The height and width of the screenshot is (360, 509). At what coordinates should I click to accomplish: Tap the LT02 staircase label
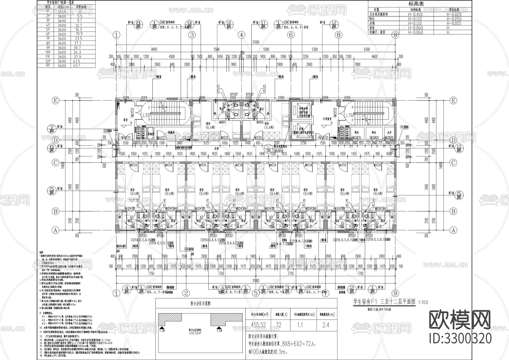click(x=350, y=115)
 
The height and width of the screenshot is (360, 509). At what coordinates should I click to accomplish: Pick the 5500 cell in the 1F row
click(x=62, y=12)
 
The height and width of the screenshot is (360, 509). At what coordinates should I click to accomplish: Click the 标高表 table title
click(x=416, y=4)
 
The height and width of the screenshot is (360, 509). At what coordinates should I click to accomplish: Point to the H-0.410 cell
click(x=415, y=14)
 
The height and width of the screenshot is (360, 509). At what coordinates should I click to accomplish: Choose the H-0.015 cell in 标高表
click(x=454, y=23)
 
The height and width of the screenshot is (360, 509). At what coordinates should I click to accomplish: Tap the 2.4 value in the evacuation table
click(x=326, y=325)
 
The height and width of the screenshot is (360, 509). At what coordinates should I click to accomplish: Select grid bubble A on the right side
click(x=453, y=230)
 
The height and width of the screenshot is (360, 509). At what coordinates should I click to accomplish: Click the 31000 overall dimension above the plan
click(x=256, y=42)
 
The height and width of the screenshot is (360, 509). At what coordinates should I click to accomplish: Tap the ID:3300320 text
click(x=460, y=338)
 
